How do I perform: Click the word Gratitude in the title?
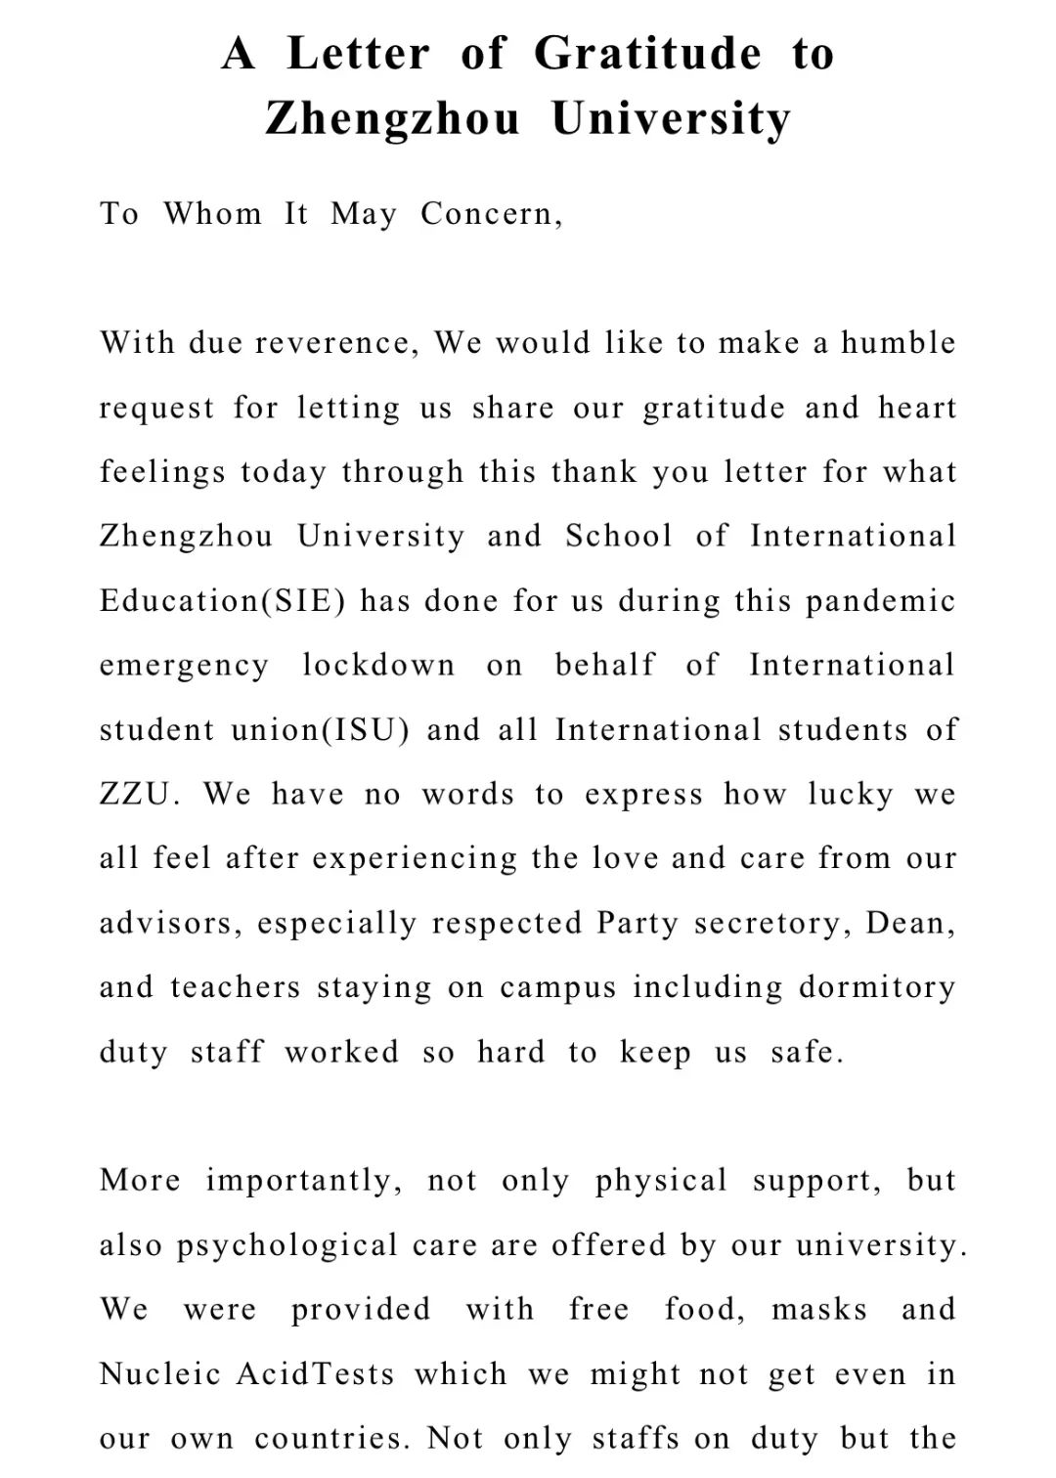pos(647,53)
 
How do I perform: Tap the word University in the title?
pos(671,119)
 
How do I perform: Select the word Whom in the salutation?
pos(213,213)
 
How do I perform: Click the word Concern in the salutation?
pos(491,213)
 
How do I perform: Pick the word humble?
pos(899,343)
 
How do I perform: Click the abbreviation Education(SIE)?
pos(223,600)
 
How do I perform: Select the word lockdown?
pos(378,666)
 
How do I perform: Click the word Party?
pos(637,923)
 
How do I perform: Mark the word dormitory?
pos(877,987)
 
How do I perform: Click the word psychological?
pos(286,1245)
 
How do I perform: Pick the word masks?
pos(819,1309)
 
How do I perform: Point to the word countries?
pos(331,1438)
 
